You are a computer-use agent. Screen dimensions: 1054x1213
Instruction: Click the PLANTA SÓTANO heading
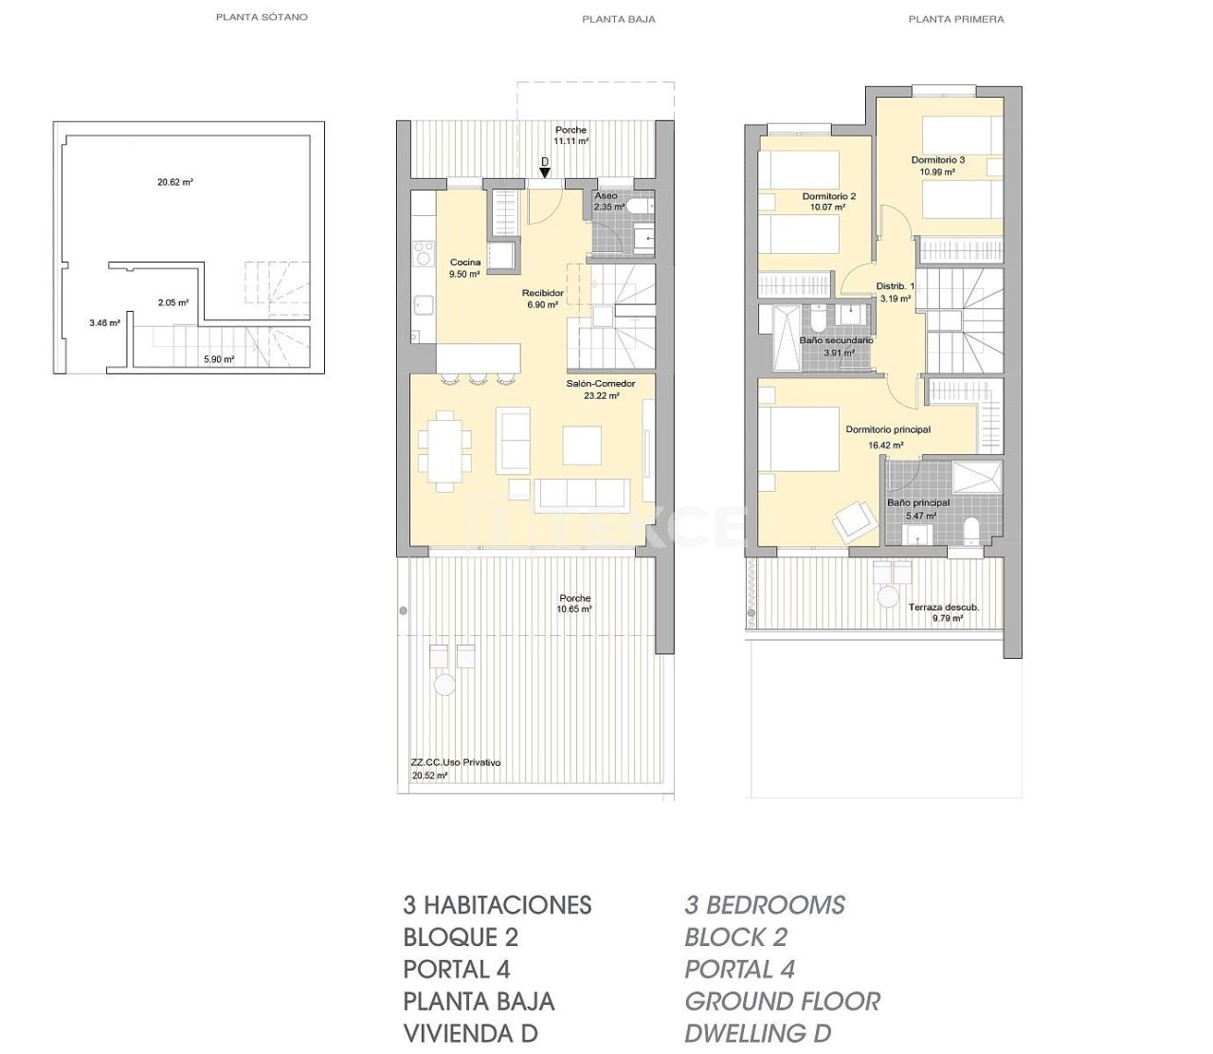262,17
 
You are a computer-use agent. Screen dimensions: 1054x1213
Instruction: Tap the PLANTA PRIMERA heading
955,19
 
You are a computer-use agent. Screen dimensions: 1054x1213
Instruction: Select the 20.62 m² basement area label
175,182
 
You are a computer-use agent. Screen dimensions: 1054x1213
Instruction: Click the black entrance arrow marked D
544,173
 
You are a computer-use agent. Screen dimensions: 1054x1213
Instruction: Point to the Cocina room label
465,263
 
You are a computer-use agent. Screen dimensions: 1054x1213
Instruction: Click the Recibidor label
542,293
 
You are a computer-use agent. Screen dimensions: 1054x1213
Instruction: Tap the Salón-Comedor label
601,384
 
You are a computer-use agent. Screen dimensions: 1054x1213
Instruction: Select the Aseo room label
606,196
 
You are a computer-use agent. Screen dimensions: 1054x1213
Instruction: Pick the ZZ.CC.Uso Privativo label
456,762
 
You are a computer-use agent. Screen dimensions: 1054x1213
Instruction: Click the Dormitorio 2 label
828,196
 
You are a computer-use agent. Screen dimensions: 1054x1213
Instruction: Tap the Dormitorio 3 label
938,160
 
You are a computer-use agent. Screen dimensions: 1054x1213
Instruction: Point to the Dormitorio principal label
888,429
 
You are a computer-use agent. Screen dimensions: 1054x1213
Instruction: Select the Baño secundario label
836,340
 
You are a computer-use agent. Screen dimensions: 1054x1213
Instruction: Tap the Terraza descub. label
944,607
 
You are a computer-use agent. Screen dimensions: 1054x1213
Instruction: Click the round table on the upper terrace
888,597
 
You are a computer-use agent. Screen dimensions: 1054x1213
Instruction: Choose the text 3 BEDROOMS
765,905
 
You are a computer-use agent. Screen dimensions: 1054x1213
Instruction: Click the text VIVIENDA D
470,1033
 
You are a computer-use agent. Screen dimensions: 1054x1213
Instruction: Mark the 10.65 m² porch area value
574,609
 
